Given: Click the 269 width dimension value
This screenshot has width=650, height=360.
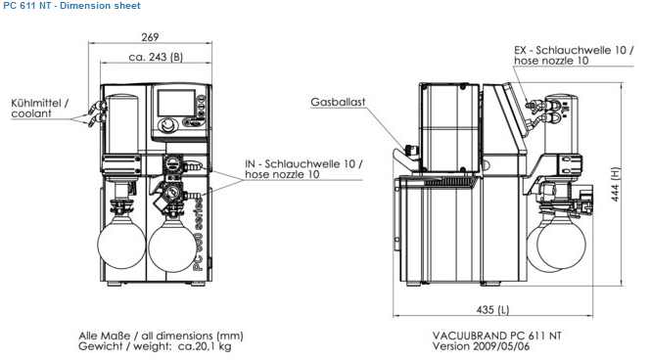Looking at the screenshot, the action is pos(150,37).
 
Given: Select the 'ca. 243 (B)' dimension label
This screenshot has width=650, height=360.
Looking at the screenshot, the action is pos(156,57).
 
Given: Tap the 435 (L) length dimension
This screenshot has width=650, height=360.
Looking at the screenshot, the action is pos(493,309).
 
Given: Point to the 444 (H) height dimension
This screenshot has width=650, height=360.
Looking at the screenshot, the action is pos(616,184).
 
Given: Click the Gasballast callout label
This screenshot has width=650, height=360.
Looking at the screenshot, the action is pos(338,102).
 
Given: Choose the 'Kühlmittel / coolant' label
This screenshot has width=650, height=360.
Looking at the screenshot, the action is pos(40,109).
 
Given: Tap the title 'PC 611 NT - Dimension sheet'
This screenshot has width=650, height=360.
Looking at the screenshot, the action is pos(71,6).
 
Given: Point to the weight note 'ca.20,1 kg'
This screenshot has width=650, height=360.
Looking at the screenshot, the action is pos(205,346).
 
